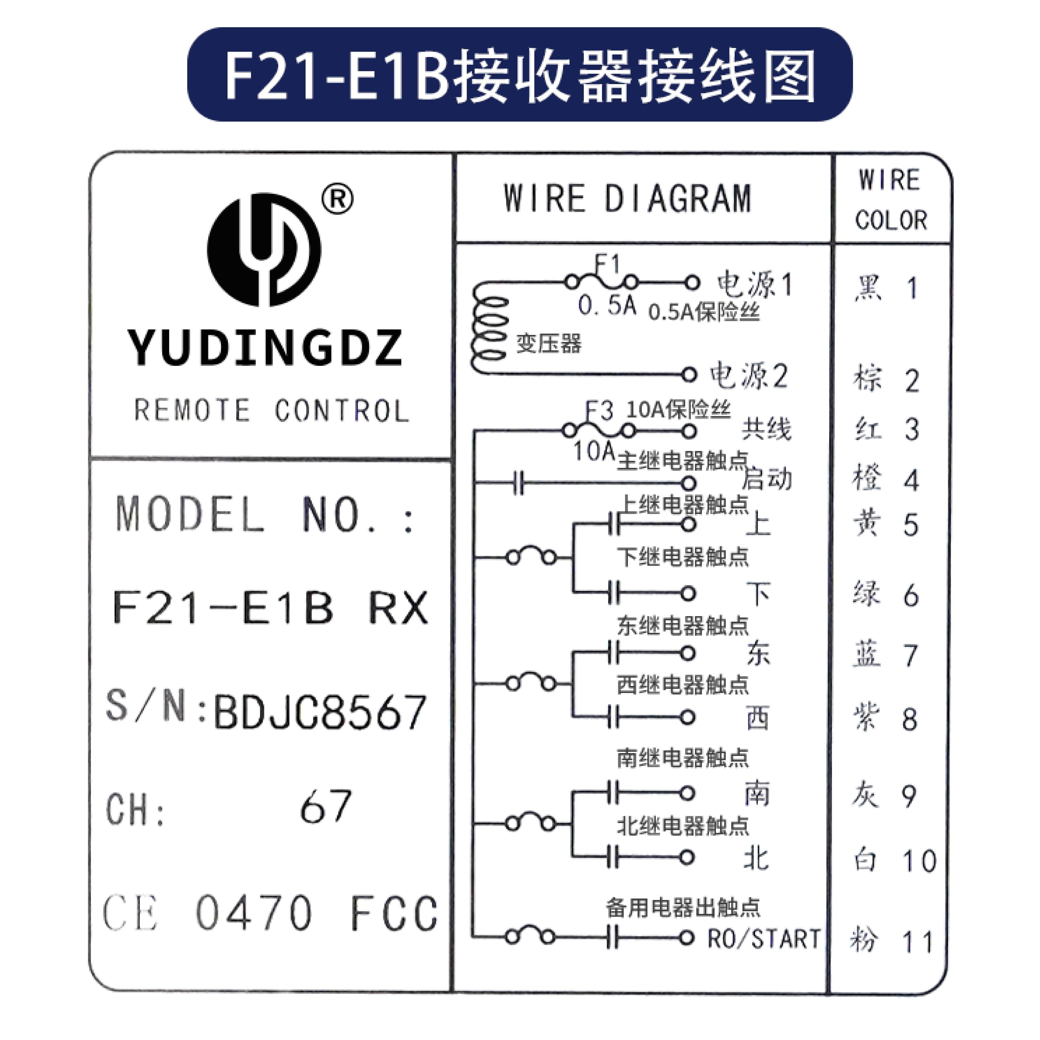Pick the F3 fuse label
[x=599, y=411]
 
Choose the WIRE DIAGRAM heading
[x=627, y=198]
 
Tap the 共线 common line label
[x=766, y=429]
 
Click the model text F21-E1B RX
[x=271, y=607]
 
